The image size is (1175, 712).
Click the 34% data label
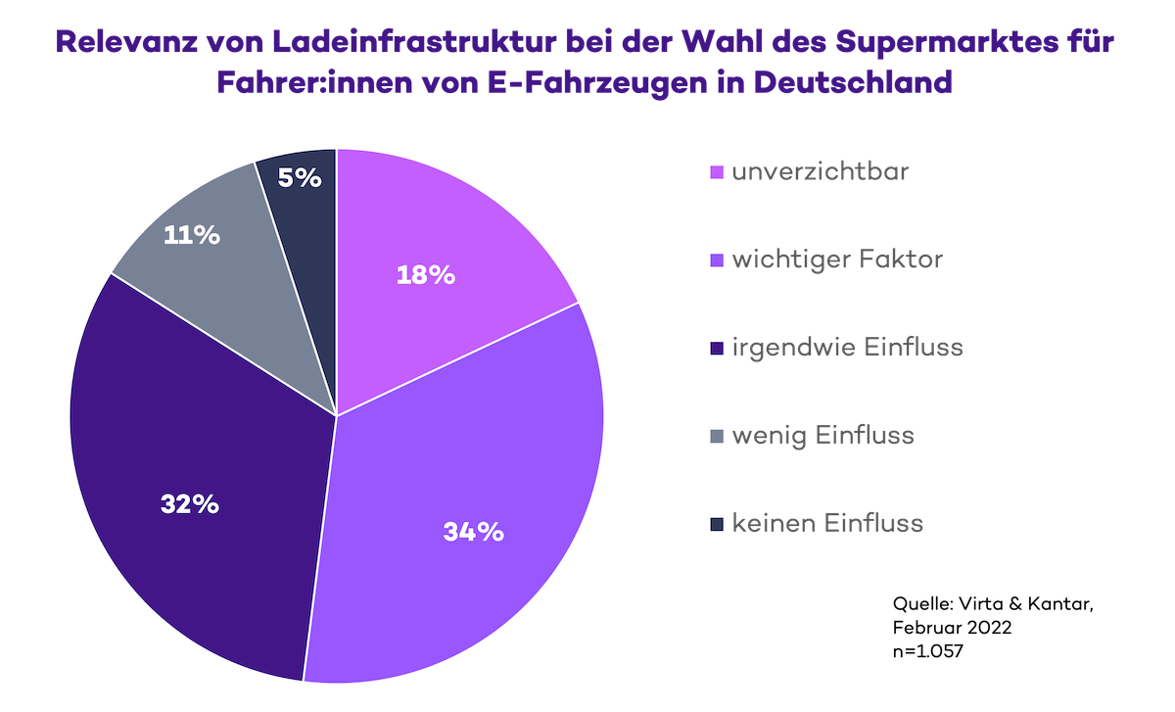[x=473, y=532]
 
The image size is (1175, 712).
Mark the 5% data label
[x=300, y=178]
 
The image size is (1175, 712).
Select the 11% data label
[x=192, y=236]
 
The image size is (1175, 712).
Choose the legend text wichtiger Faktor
[x=837, y=261]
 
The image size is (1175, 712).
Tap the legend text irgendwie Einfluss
[x=847, y=348]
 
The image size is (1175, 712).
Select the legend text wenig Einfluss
[x=822, y=435]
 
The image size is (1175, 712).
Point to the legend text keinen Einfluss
[x=827, y=523]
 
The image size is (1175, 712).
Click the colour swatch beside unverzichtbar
[x=716, y=173]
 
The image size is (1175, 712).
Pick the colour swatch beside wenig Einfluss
[x=716, y=436]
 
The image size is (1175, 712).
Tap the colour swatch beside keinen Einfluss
[x=716, y=524]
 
